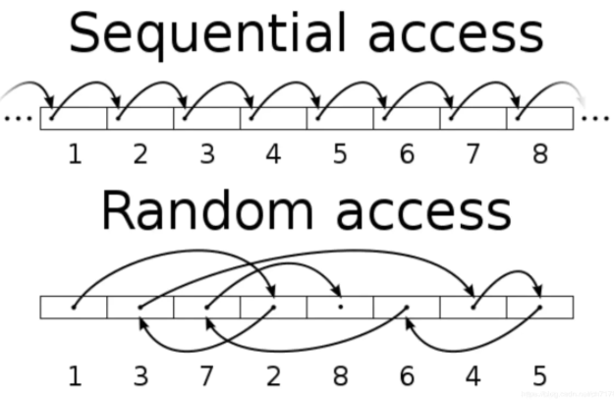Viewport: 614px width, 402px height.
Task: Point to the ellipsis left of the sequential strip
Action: point(19,118)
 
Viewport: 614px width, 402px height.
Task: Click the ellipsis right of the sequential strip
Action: point(594,118)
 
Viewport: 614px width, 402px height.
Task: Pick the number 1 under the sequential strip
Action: point(74,154)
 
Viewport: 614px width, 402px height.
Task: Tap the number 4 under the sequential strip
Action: point(273,154)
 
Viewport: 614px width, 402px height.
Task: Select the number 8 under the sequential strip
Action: point(539,154)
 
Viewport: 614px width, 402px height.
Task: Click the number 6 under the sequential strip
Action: point(406,154)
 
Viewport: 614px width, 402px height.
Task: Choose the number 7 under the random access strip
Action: point(206,374)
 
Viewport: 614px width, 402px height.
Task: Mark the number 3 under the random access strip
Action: point(140,374)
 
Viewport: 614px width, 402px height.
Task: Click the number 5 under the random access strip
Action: point(539,374)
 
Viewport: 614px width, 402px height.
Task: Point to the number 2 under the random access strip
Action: point(273,374)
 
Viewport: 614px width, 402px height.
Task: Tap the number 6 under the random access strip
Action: point(406,374)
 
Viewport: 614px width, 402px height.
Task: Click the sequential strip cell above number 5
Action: point(340,118)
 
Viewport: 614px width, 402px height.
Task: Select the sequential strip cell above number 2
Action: point(140,118)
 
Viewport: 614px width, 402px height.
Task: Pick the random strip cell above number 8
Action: point(340,307)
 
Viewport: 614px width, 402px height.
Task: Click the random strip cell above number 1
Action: point(74,307)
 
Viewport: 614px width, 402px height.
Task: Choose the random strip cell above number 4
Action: point(473,307)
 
